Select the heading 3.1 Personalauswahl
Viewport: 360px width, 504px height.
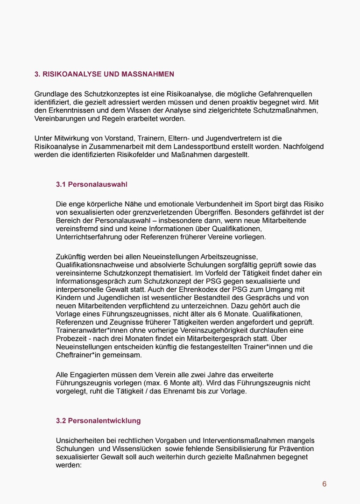92,184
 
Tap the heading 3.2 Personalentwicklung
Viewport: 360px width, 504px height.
98,420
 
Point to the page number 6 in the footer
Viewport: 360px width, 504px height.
324,484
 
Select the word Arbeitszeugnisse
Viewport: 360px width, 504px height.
229,257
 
